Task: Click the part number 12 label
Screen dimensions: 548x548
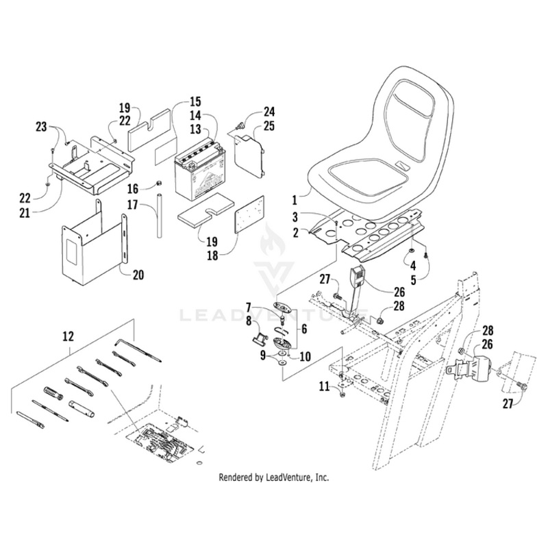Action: [x=68, y=336]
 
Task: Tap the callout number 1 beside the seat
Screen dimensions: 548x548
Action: [x=295, y=201]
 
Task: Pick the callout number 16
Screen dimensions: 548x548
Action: [x=133, y=187]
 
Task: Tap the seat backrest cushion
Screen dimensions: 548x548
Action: [x=408, y=116]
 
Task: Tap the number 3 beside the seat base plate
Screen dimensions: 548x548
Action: [x=295, y=217]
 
